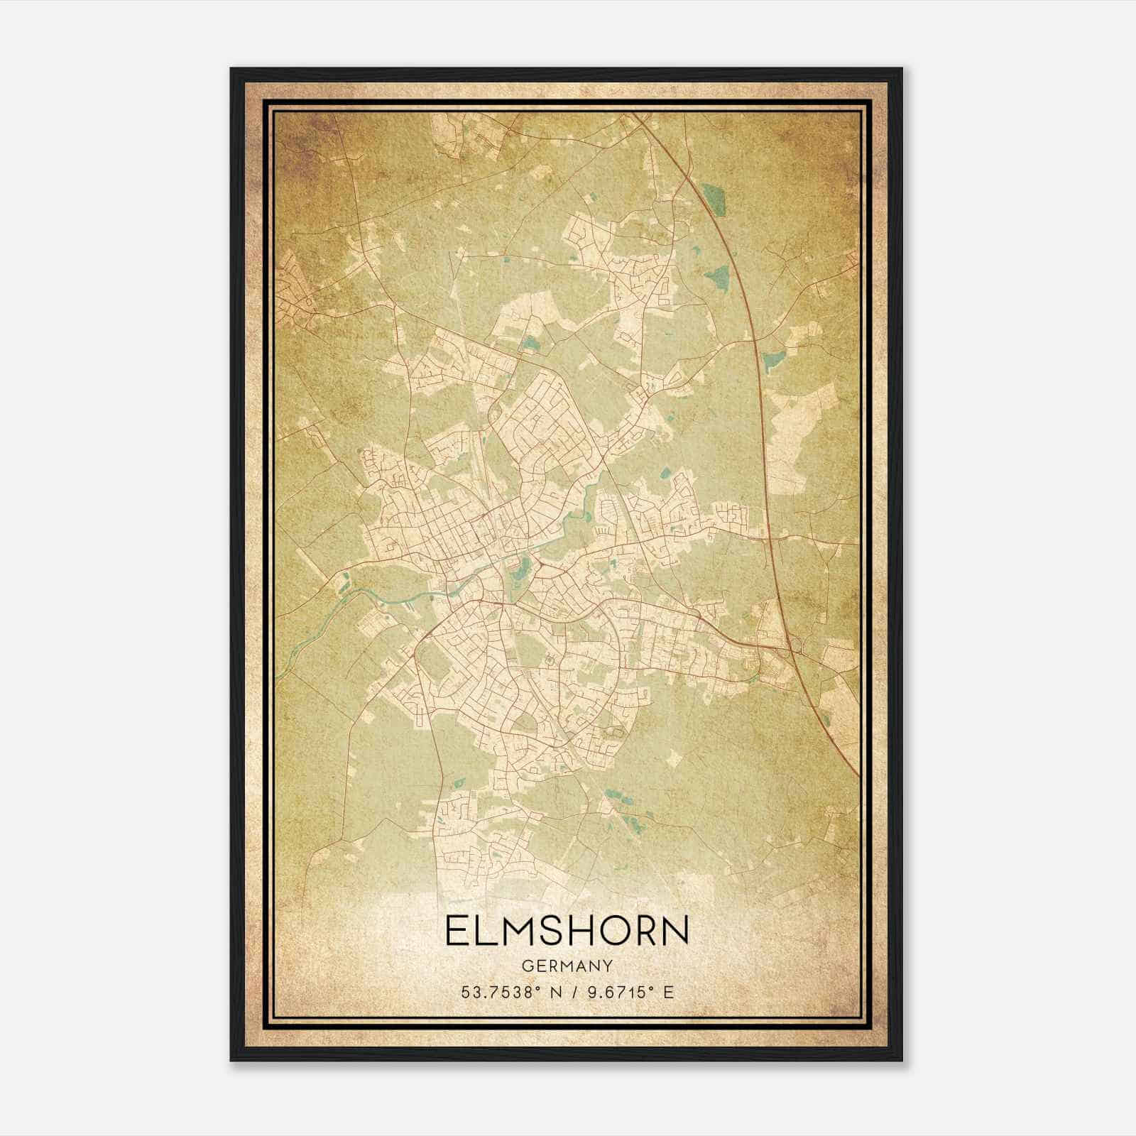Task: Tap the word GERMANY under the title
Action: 567,966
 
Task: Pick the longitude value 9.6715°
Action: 616,992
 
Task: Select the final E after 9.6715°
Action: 667,992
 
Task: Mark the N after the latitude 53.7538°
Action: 555,992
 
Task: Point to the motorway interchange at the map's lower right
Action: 790,643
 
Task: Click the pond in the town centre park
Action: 523,566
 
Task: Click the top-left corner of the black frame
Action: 232,70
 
